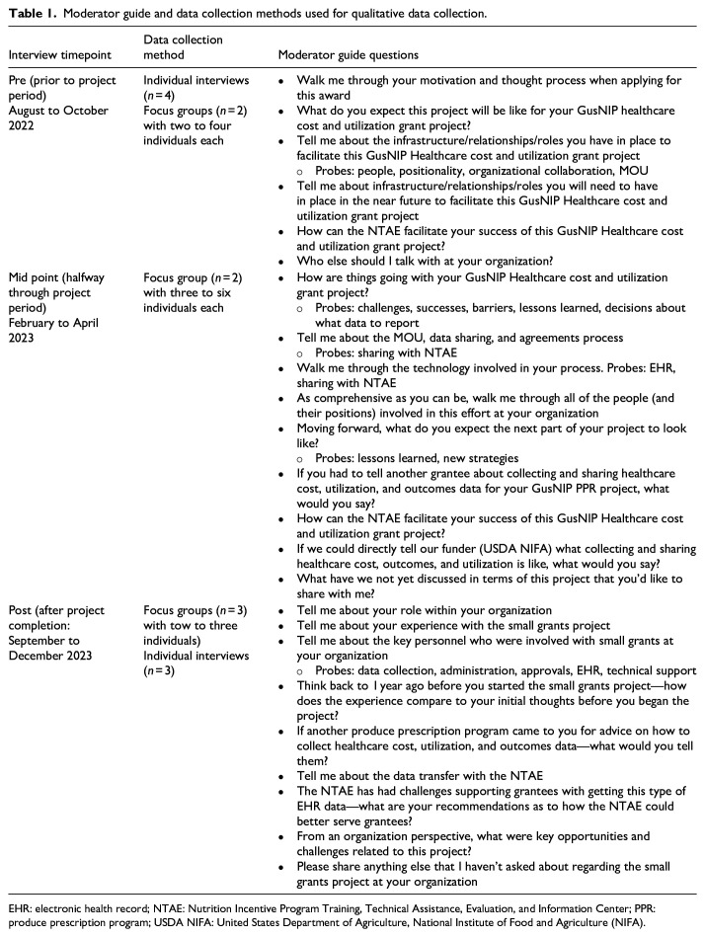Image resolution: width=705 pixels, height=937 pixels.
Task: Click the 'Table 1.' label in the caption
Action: (32, 13)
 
